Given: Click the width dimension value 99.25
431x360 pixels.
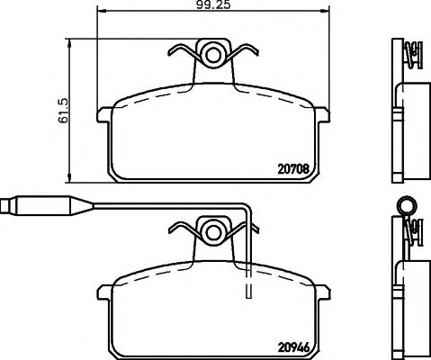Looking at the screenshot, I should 209,6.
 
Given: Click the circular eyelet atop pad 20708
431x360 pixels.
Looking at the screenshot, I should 213,54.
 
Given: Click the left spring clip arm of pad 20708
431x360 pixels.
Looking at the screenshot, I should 184,63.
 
